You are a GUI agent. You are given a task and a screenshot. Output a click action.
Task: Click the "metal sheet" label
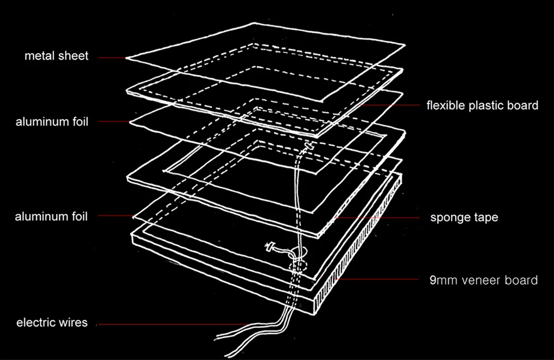[56, 56]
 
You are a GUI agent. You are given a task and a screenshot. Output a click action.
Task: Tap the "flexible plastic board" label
[482, 106]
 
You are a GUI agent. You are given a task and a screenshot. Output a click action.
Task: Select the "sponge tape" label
[464, 217]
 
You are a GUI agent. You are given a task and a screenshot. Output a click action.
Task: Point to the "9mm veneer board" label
[483, 280]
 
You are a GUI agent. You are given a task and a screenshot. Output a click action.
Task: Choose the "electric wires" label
[51, 322]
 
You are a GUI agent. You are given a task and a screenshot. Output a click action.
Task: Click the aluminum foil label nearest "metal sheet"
[51, 122]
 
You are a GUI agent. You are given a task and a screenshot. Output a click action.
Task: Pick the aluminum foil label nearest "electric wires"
[51, 216]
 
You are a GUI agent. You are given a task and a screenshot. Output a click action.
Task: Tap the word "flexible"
[446, 106]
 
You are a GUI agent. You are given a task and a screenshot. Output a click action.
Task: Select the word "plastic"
[488, 106]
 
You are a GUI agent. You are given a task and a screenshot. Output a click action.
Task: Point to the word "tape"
[484, 217]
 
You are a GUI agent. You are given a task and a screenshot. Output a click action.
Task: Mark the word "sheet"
[74, 56]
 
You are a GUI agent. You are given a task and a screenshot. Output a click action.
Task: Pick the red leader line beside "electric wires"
[170, 324]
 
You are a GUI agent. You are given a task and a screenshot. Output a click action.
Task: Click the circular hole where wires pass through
[297, 263]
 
